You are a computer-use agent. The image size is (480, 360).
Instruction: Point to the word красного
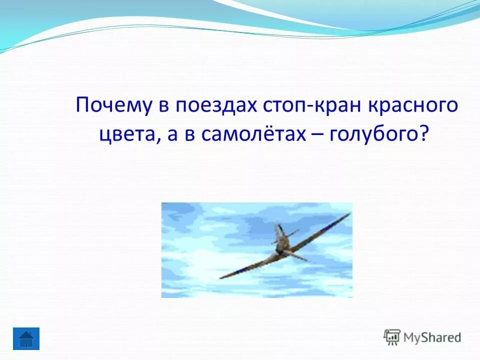coord(413,106)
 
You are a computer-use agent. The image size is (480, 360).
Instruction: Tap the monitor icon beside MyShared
coord(392,336)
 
